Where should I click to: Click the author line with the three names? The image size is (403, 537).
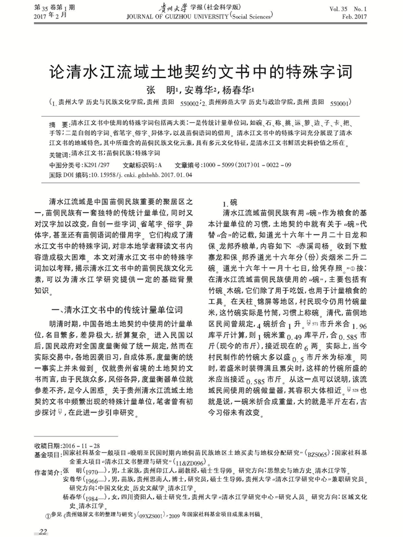(201, 89)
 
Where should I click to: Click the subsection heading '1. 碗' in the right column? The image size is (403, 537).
(229, 202)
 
